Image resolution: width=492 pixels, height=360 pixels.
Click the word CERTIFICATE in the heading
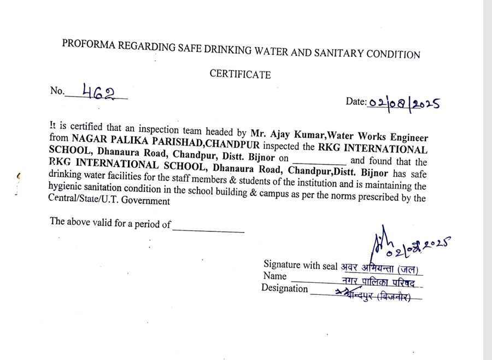pyautogui.click(x=240, y=74)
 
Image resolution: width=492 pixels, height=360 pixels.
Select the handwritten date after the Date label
pyautogui.click(x=404, y=103)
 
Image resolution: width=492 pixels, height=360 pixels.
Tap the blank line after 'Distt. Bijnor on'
pyautogui.click(x=320, y=162)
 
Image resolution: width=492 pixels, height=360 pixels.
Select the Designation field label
pyautogui.click(x=284, y=288)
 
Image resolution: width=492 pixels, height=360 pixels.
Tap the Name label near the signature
pyautogui.click(x=274, y=276)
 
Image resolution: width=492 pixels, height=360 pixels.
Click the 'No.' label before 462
pyautogui.click(x=57, y=91)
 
